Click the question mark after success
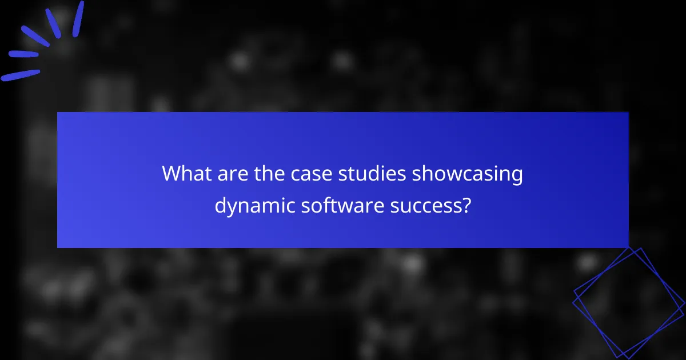(x=466, y=205)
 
